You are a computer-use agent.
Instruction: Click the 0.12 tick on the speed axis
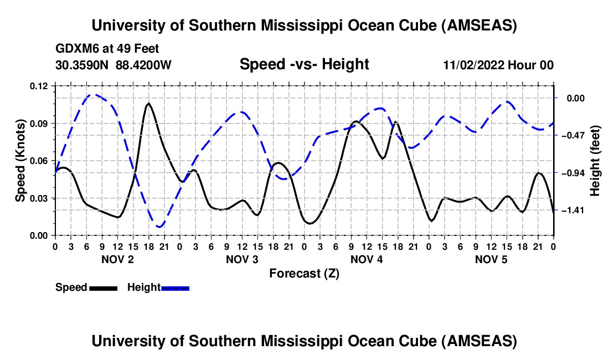(40, 86)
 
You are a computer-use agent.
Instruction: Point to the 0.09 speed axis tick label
(40, 123)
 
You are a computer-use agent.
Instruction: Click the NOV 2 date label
(117, 259)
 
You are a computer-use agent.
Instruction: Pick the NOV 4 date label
(367, 259)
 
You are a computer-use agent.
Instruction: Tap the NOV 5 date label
(492, 259)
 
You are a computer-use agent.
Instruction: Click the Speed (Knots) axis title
(20, 161)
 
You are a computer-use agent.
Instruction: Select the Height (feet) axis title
(595, 161)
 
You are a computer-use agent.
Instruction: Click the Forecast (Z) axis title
(304, 273)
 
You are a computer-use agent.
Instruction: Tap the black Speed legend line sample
(103, 287)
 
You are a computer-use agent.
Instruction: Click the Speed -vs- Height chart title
(304, 65)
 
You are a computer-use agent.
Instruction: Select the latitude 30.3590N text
(82, 65)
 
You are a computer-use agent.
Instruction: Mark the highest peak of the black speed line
(148, 103)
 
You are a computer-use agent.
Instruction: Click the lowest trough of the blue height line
(159, 227)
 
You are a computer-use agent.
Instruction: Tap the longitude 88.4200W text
(143, 65)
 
